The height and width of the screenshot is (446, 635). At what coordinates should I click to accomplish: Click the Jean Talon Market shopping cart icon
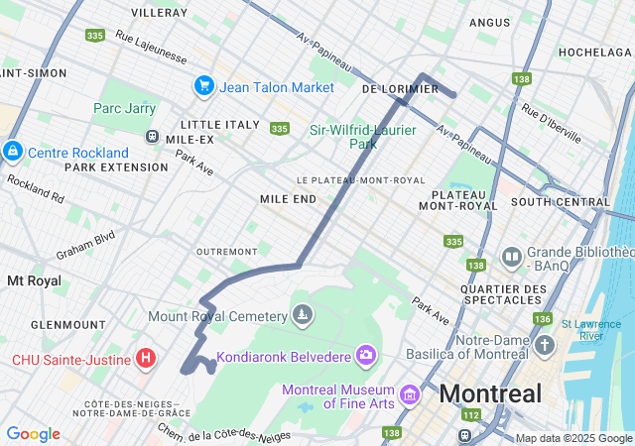click(204, 86)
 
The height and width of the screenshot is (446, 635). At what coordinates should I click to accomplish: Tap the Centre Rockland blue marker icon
click(13, 152)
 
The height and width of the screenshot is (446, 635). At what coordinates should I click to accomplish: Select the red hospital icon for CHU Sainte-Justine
click(146, 357)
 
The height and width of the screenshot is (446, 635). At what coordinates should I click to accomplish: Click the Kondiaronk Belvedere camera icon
click(366, 355)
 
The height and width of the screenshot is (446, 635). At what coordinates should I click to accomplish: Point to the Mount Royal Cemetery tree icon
click(303, 316)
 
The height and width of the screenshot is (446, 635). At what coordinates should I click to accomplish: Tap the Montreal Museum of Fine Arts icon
click(409, 397)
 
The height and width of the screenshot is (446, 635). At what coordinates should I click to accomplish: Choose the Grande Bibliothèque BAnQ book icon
click(512, 258)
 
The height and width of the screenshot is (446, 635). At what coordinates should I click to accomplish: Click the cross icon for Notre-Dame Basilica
click(544, 346)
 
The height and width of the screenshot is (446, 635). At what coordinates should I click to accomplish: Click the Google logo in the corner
click(33, 434)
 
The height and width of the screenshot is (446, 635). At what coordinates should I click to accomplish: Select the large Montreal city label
click(490, 393)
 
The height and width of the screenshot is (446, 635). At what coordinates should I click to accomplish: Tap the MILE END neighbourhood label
click(288, 199)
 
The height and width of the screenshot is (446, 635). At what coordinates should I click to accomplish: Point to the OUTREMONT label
click(227, 252)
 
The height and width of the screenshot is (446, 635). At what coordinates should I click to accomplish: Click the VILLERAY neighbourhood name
click(159, 13)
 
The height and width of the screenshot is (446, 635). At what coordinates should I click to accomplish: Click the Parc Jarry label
click(125, 108)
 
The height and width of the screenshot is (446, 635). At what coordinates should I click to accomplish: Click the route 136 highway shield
click(542, 318)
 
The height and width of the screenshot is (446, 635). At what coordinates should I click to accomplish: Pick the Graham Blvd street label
click(86, 243)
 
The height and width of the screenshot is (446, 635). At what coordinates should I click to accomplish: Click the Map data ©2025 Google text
click(573, 438)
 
